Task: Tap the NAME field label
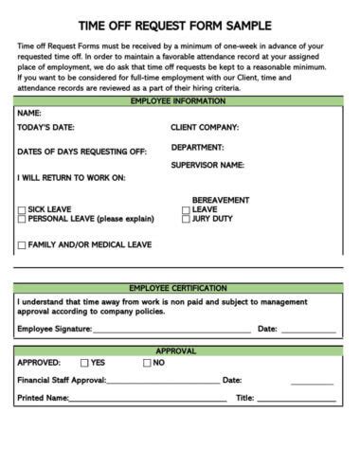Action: click(x=29, y=112)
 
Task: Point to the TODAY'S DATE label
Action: click(x=46, y=127)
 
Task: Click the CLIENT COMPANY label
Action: click(x=205, y=127)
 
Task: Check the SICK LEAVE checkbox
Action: click(x=22, y=209)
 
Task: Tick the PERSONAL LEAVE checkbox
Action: click(x=22, y=219)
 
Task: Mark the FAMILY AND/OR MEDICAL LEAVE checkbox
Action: click(x=22, y=245)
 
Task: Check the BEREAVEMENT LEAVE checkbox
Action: click(x=186, y=209)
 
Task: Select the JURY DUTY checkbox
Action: click(x=186, y=219)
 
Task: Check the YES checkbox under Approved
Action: click(x=84, y=363)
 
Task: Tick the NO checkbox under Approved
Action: click(x=147, y=363)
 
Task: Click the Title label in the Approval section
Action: click(x=243, y=398)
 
